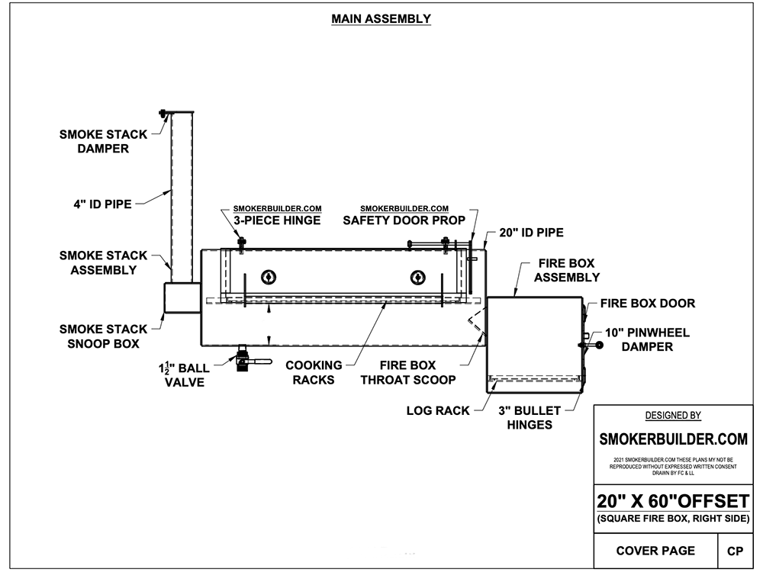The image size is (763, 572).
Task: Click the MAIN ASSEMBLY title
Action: click(381, 19)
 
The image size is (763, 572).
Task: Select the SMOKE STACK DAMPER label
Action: click(104, 142)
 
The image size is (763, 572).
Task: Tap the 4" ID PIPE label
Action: click(97, 204)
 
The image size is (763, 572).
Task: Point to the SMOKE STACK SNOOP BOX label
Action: click(104, 336)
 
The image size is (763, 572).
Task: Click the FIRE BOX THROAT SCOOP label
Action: click(408, 372)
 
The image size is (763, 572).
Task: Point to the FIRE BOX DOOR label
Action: click(647, 304)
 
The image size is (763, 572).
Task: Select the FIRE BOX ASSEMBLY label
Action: click(567, 270)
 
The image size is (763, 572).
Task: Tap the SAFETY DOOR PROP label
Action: click(404, 220)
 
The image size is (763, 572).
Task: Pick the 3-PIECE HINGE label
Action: click(278, 220)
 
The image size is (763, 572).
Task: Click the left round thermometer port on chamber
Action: click(268, 276)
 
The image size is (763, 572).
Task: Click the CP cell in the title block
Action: click(736, 551)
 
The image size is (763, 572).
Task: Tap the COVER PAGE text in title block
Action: click(655, 551)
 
